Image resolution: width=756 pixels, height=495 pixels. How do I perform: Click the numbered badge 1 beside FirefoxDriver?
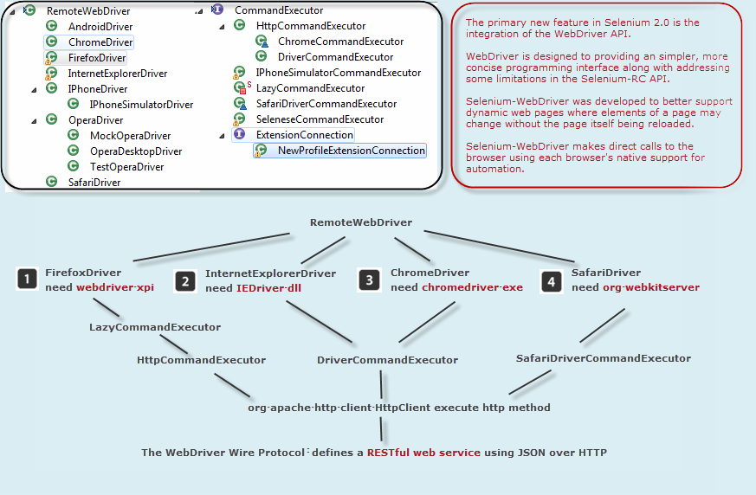click(29, 279)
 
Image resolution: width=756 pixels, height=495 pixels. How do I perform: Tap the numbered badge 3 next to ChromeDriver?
click(370, 280)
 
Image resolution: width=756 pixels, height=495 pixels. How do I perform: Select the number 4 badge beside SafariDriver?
click(551, 280)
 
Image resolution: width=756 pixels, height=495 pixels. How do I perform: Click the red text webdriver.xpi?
click(115, 287)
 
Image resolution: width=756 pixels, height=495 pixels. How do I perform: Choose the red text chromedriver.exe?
click(472, 287)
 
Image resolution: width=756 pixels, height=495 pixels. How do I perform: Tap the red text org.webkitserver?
click(650, 287)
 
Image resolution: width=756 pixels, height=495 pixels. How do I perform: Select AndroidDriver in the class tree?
click(100, 27)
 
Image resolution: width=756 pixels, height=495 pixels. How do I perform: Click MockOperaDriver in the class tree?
click(130, 136)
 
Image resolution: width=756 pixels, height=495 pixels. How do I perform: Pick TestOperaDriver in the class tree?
click(126, 167)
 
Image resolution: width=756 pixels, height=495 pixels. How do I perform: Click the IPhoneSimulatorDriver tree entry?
click(141, 105)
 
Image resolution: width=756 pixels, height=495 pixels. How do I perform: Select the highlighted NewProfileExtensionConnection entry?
click(351, 151)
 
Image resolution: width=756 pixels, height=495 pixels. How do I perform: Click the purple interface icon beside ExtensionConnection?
click(239, 135)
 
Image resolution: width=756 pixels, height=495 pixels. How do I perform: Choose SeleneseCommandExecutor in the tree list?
click(320, 119)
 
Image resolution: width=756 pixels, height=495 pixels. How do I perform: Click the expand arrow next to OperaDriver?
click(34, 120)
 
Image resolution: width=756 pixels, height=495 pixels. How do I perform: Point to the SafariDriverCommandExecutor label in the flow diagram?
click(603, 358)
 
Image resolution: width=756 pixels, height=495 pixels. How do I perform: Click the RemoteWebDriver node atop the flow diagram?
click(361, 222)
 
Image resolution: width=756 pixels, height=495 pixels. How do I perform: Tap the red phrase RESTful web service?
click(411, 453)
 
